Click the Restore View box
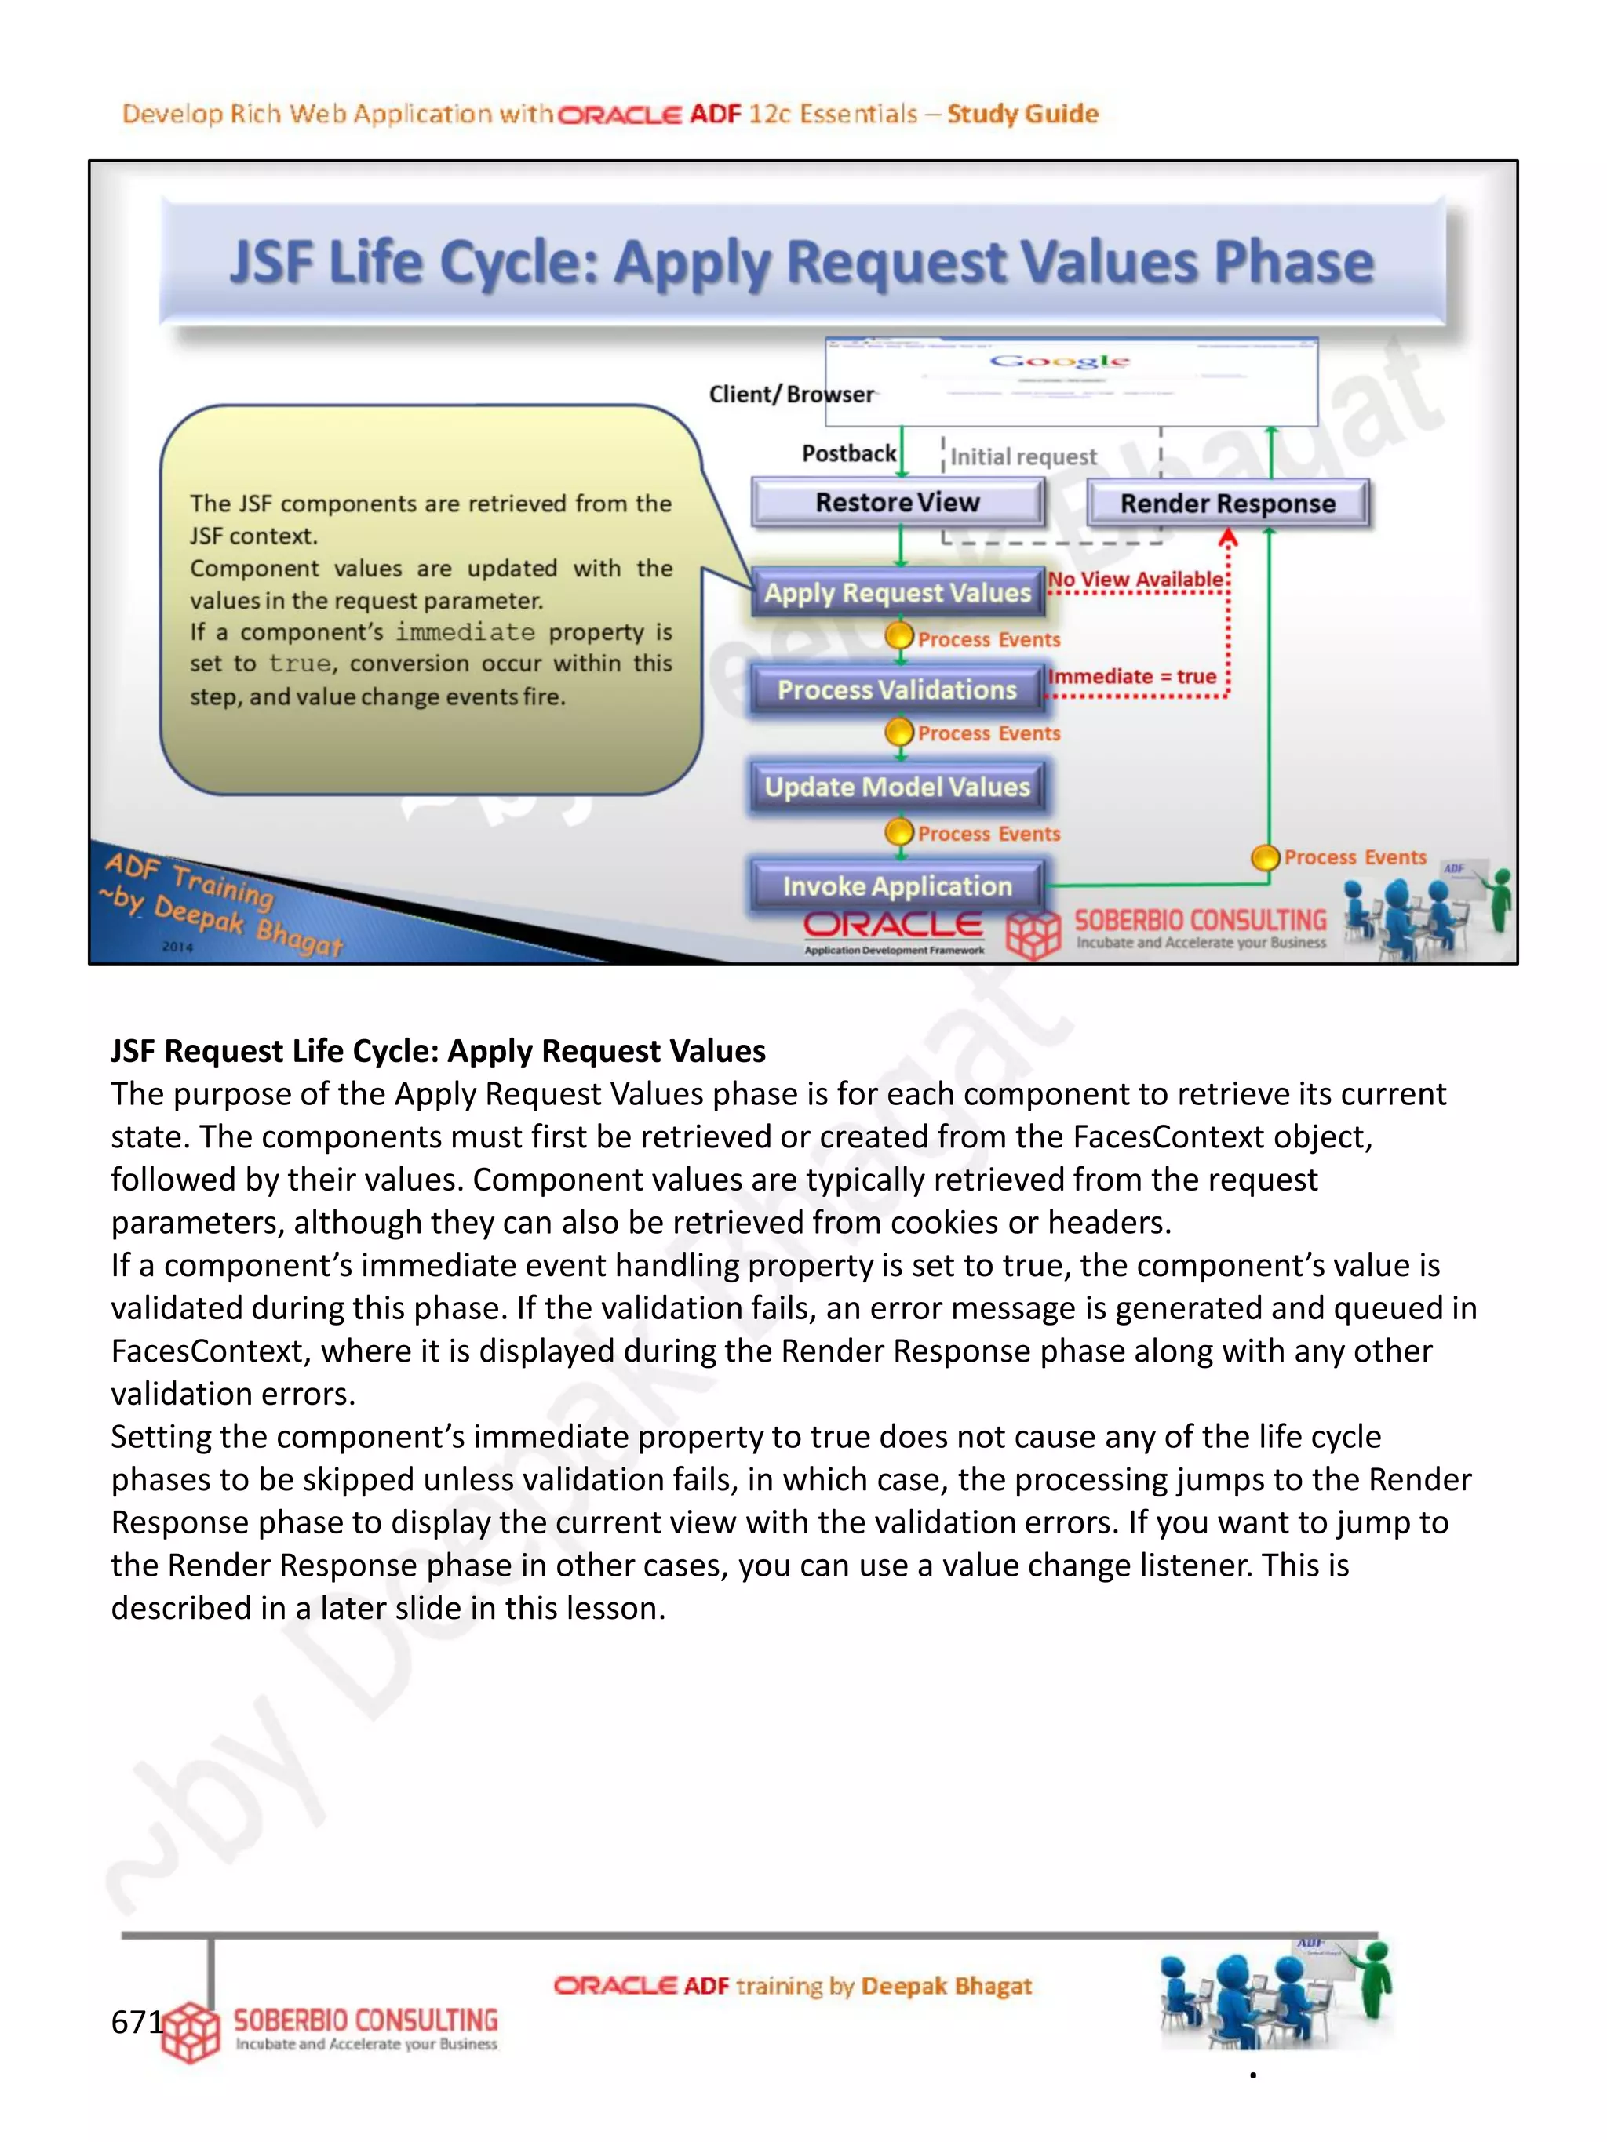(x=897, y=503)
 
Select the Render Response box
(x=1227, y=504)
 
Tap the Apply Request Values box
(x=897, y=593)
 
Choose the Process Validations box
(x=897, y=689)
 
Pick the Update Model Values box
(x=897, y=787)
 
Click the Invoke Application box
(x=897, y=886)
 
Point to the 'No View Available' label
(x=1135, y=579)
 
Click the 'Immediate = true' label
(x=1131, y=676)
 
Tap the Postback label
(x=848, y=453)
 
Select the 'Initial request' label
(x=1023, y=456)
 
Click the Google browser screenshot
(x=1070, y=381)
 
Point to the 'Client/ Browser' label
(x=790, y=394)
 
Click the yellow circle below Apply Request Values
(x=900, y=636)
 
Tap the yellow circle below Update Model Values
(x=900, y=831)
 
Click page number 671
(x=137, y=2021)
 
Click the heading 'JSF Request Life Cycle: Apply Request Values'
(x=438, y=1051)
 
